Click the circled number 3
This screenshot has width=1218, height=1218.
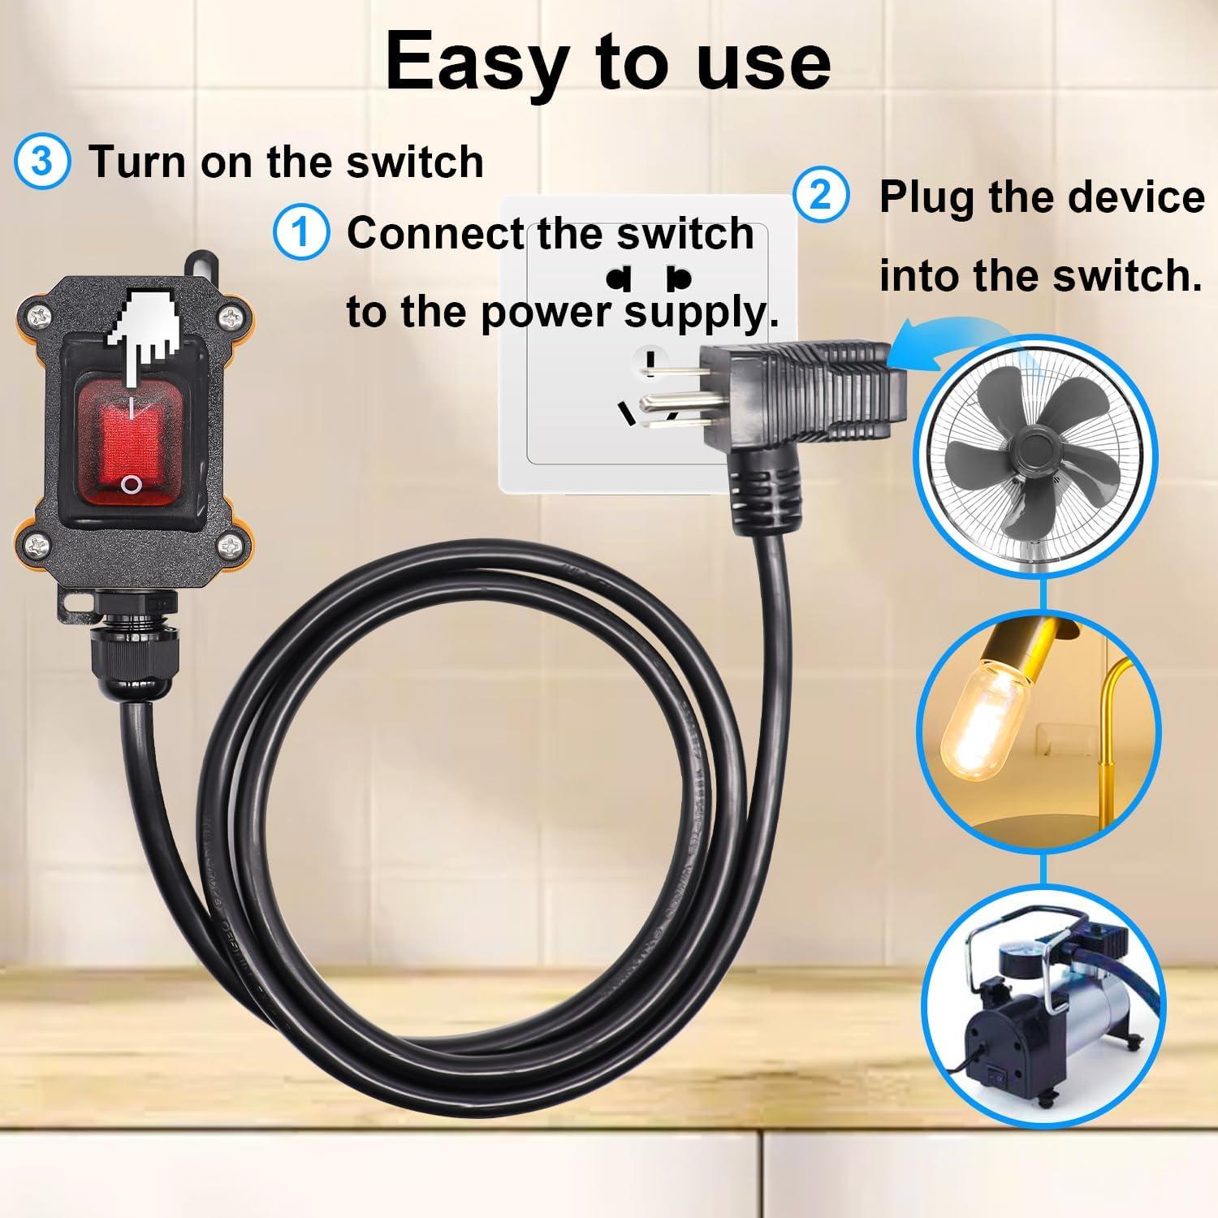click(41, 161)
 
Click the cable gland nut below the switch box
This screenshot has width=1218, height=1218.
click(133, 650)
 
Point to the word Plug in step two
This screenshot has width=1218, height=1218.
click(926, 198)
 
